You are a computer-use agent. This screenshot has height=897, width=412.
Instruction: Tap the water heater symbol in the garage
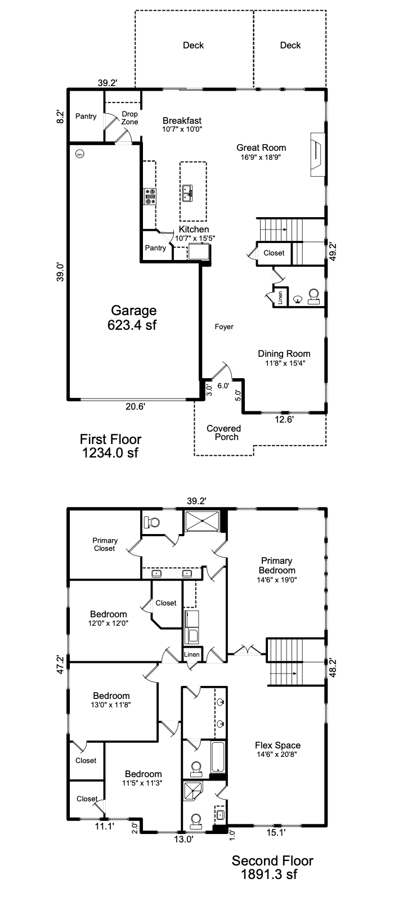(80, 154)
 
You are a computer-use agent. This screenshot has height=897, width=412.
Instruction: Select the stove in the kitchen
(150, 196)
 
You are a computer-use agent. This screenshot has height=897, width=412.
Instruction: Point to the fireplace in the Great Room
(317, 154)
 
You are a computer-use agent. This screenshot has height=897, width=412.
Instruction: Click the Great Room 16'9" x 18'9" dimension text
(261, 158)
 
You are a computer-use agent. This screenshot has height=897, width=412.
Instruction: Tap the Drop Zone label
(129, 118)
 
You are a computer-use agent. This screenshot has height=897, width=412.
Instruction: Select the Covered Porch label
(224, 433)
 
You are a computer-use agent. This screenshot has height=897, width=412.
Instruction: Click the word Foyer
(224, 327)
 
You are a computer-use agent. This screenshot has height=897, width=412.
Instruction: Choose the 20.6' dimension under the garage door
(135, 406)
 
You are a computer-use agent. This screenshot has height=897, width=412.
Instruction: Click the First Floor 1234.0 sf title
(110, 446)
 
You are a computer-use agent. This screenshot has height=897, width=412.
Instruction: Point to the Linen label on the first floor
(280, 297)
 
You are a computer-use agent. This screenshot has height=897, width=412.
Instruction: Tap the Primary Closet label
(105, 544)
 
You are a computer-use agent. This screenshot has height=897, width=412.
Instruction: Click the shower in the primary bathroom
(202, 521)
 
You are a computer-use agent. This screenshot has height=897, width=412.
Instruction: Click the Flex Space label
(277, 745)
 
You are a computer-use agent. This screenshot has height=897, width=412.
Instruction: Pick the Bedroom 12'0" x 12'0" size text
(108, 623)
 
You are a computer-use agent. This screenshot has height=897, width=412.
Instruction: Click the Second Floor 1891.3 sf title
(272, 867)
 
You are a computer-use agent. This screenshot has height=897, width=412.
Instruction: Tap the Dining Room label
(284, 353)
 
